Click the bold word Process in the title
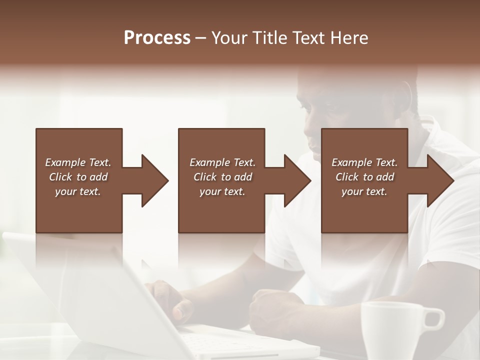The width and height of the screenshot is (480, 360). click(x=157, y=38)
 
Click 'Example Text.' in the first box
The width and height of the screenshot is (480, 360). click(x=78, y=162)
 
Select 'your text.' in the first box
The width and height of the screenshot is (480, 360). click(x=78, y=191)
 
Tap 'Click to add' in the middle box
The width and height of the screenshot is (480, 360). click(x=222, y=177)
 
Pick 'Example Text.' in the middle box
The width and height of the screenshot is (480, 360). click(x=222, y=162)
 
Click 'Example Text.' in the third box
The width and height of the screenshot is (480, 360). click(x=364, y=162)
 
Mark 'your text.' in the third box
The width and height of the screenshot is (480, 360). click(x=364, y=191)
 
